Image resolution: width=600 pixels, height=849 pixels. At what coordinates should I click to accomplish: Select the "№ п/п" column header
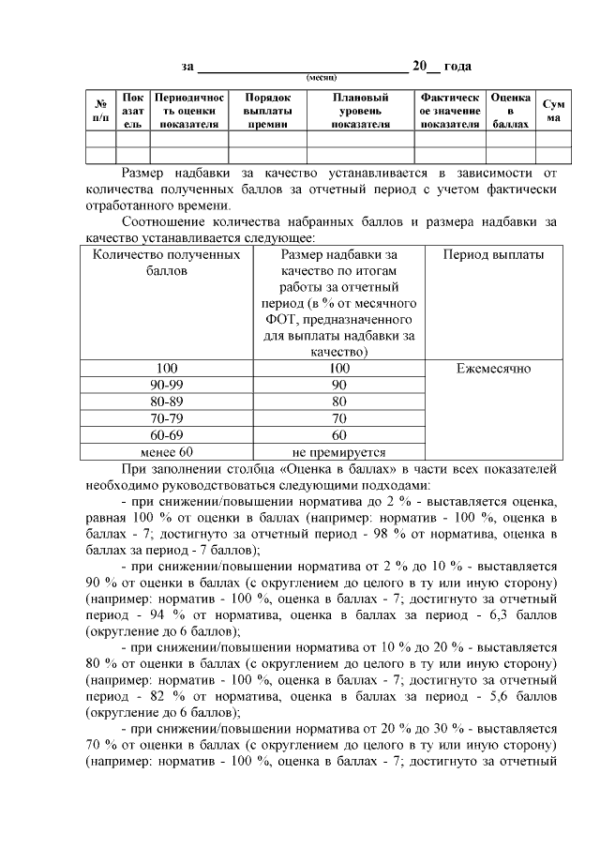click(99, 111)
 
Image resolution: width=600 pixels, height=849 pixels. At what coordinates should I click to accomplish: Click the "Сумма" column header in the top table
click(554, 111)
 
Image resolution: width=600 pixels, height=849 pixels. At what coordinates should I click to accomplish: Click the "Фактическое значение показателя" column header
click(450, 111)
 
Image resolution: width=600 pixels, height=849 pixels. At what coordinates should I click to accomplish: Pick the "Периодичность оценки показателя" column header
click(189, 111)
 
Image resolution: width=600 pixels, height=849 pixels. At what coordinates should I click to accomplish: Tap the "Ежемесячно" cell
click(493, 369)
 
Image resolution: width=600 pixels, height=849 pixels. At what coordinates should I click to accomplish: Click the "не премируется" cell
click(339, 452)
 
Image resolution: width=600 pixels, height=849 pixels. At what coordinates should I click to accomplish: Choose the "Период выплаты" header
click(493, 254)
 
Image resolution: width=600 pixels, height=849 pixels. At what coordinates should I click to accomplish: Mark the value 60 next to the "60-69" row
click(339, 435)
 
